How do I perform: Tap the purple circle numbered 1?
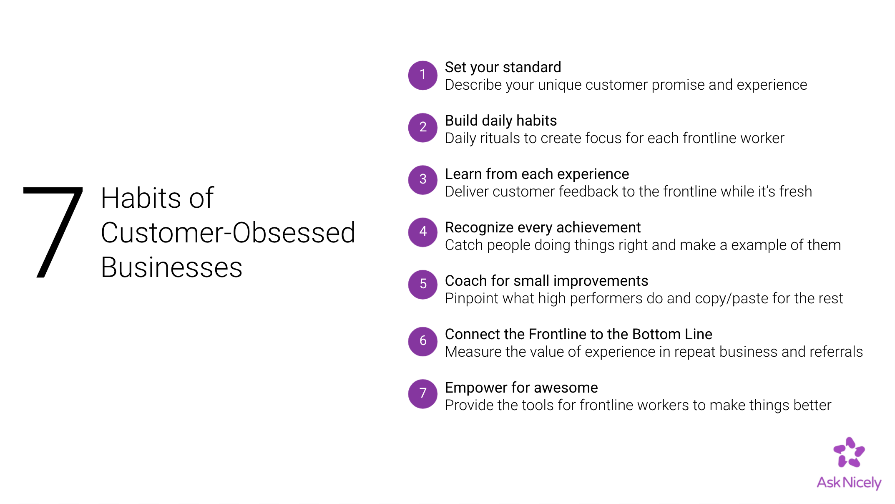[423, 75]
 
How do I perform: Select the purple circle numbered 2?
[423, 128]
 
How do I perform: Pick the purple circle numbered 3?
[423, 180]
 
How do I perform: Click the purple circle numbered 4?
[423, 232]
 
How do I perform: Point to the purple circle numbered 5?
[423, 285]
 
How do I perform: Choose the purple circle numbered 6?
[423, 341]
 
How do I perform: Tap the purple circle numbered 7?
[423, 393]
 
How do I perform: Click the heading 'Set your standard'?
[503, 68]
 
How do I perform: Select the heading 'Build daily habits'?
[501, 121]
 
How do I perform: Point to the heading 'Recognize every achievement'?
[543, 228]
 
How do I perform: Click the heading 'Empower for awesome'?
[521, 388]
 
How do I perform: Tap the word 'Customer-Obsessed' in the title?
[228, 232]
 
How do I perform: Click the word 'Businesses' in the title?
[172, 267]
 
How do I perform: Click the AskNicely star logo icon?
[849, 452]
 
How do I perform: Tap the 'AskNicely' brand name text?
[849, 483]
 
